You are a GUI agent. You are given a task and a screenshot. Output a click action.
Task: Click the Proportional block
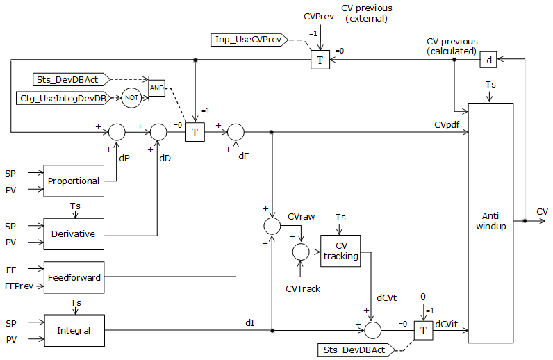(73, 181)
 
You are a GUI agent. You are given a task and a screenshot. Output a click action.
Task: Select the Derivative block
(73, 234)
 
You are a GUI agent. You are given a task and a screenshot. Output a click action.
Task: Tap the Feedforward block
(73, 277)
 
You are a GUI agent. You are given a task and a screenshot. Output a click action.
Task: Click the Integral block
(73, 330)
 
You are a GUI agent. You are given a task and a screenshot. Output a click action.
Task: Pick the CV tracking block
(340, 250)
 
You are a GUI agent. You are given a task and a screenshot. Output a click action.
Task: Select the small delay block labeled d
(488, 60)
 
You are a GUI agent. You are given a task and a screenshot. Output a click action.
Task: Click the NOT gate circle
(131, 98)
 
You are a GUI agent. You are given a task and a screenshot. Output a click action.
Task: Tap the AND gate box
(157, 89)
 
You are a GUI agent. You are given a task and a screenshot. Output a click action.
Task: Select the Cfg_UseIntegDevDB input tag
(63, 98)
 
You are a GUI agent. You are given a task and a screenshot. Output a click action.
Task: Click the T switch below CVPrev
(320, 60)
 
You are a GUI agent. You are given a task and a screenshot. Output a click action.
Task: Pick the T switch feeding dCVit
(422, 331)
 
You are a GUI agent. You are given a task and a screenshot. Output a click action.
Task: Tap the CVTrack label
(303, 288)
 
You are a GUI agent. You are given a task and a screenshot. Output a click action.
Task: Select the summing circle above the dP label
(117, 131)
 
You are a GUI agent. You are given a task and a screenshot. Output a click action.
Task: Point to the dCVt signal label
(386, 297)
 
